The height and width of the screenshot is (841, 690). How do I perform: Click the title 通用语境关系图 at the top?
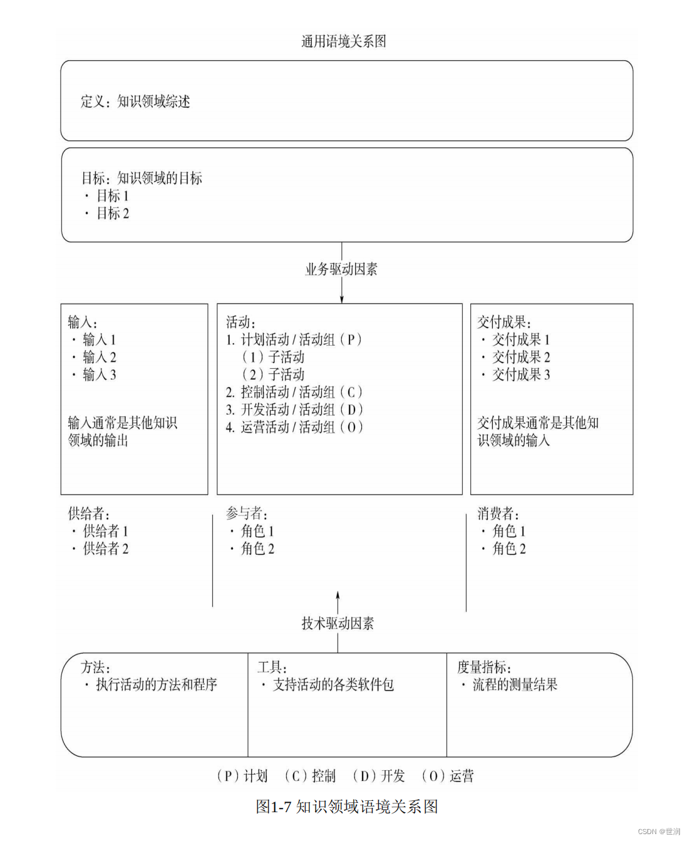point(343,42)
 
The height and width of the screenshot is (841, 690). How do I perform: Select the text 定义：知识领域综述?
point(135,101)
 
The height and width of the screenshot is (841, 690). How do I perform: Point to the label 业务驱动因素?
point(341,269)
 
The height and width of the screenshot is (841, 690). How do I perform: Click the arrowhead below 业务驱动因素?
point(342,299)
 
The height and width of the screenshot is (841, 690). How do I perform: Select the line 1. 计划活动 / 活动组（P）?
point(294,339)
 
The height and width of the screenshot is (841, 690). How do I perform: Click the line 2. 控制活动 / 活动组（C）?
point(294,392)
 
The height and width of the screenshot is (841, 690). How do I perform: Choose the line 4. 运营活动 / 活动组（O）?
point(294,427)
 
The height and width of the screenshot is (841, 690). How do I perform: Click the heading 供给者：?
point(89,514)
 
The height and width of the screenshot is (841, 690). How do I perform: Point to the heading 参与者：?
point(247,514)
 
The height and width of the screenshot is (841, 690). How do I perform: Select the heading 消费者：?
point(498,514)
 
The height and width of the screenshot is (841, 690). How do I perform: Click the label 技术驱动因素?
point(337,623)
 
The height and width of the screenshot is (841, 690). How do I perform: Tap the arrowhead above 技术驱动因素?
point(338,595)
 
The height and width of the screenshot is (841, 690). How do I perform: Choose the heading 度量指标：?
point(484,668)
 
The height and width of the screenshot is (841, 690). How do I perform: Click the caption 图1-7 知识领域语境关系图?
point(346,807)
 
